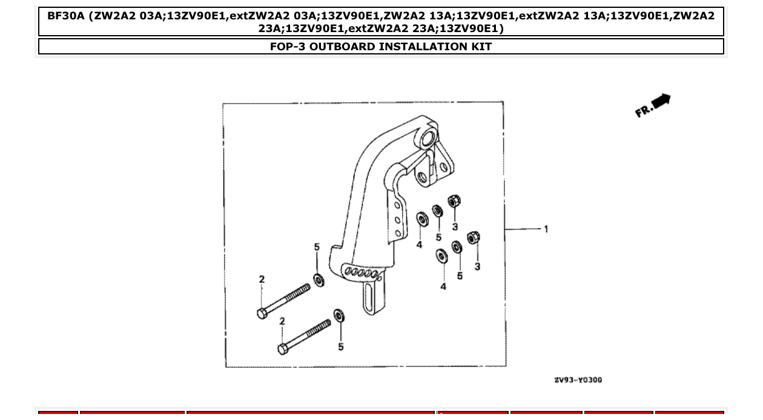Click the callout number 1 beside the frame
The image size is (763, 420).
(x=546, y=229)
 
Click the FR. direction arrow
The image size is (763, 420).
(x=653, y=105)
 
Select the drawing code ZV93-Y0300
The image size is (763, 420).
(x=578, y=380)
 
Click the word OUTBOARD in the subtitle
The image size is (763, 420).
(x=342, y=47)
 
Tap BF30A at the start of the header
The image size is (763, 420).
(x=66, y=15)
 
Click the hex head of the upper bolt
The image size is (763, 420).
(x=262, y=313)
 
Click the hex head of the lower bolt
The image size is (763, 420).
(x=283, y=349)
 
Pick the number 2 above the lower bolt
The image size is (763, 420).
(x=282, y=321)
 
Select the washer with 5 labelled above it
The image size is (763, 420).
(x=317, y=279)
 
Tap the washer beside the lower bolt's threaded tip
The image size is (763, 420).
(x=339, y=315)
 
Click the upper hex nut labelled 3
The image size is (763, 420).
(x=454, y=201)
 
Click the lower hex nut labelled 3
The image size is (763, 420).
(x=474, y=238)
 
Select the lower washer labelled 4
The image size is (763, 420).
(x=441, y=255)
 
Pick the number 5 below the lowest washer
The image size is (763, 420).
(x=341, y=347)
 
